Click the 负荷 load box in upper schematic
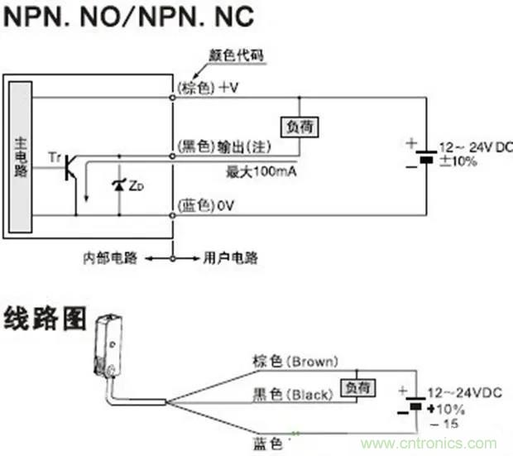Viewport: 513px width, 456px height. tap(300, 127)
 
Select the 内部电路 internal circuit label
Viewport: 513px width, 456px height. tap(110, 258)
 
